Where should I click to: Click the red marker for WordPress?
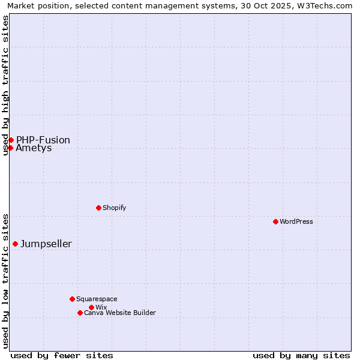(x=275, y=221)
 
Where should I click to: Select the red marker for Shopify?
(x=98, y=208)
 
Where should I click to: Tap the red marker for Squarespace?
(x=72, y=299)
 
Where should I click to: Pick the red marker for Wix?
(x=91, y=307)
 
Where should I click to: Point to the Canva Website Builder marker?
(x=80, y=313)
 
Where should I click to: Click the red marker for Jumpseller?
(x=15, y=244)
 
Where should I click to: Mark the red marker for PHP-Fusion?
(x=11, y=140)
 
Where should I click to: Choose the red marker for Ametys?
(x=10, y=148)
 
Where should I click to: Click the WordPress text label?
(x=296, y=221)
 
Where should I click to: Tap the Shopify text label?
(x=114, y=208)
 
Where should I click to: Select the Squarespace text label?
(x=97, y=299)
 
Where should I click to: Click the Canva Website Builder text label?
(x=119, y=313)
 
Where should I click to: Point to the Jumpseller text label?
(x=46, y=244)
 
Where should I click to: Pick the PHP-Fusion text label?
(x=43, y=140)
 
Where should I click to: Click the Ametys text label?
(x=34, y=148)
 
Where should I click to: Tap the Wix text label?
(x=101, y=307)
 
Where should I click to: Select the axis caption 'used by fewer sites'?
(x=62, y=355)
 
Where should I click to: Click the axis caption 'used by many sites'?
(x=301, y=355)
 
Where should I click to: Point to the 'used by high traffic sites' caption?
(x=5, y=85)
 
